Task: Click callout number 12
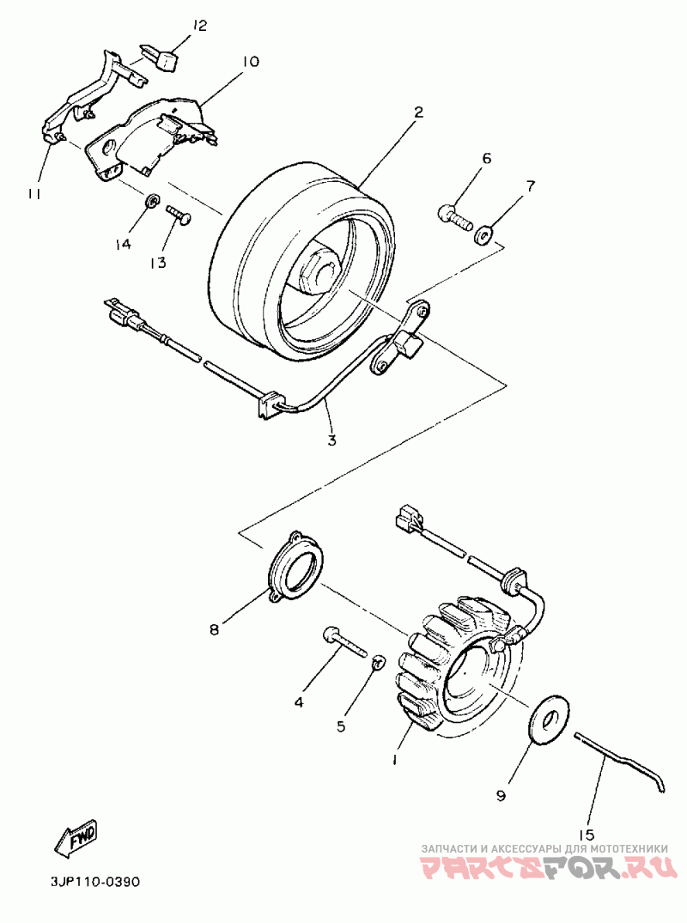199,26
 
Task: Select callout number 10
250,62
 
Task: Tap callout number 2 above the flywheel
418,112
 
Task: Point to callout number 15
587,834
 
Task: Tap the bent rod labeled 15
619,756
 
